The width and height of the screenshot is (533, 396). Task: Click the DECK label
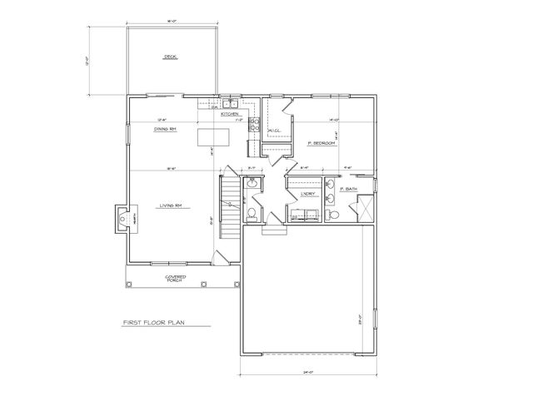[x=171, y=57]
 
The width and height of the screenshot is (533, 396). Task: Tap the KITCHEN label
[x=231, y=114]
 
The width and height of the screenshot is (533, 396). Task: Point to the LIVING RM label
[x=172, y=205]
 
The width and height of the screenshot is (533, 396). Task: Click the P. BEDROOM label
[x=321, y=143]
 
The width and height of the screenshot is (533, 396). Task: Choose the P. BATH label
[x=349, y=190]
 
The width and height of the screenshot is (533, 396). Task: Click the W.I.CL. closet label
[x=274, y=131]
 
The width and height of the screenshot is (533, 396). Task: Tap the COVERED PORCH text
[x=175, y=278]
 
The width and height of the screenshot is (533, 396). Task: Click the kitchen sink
[x=232, y=104]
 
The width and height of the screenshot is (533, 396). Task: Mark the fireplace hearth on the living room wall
[x=124, y=219]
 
